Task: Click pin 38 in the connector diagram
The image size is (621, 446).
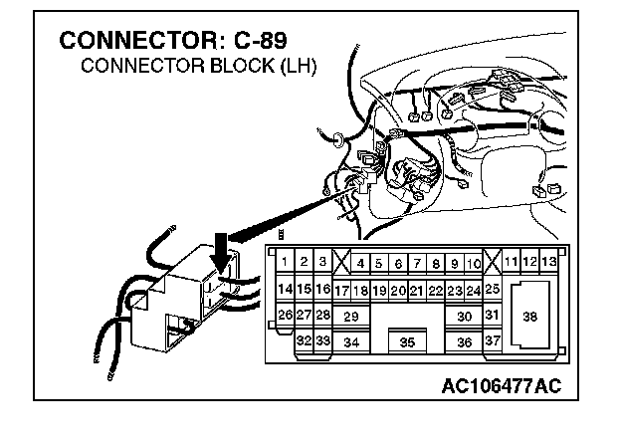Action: (529, 317)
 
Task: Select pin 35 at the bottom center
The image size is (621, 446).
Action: (407, 342)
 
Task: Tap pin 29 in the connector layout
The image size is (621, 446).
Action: (350, 317)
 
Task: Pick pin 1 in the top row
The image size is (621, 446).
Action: (285, 263)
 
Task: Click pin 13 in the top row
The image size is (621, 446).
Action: (548, 263)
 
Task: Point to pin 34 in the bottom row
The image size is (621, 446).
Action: (350, 342)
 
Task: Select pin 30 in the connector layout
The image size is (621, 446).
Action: (464, 317)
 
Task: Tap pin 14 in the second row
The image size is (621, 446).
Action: (285, 290)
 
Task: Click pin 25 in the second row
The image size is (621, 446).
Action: (492, 290)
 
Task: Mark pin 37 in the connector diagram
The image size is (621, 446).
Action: (492, 341)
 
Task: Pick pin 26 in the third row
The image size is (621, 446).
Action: (285, 316)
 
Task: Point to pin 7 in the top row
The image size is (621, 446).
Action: (416, 264)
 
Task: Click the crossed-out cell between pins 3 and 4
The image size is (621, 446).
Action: (341, 264)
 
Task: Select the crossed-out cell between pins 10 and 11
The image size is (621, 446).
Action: (492, 264)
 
